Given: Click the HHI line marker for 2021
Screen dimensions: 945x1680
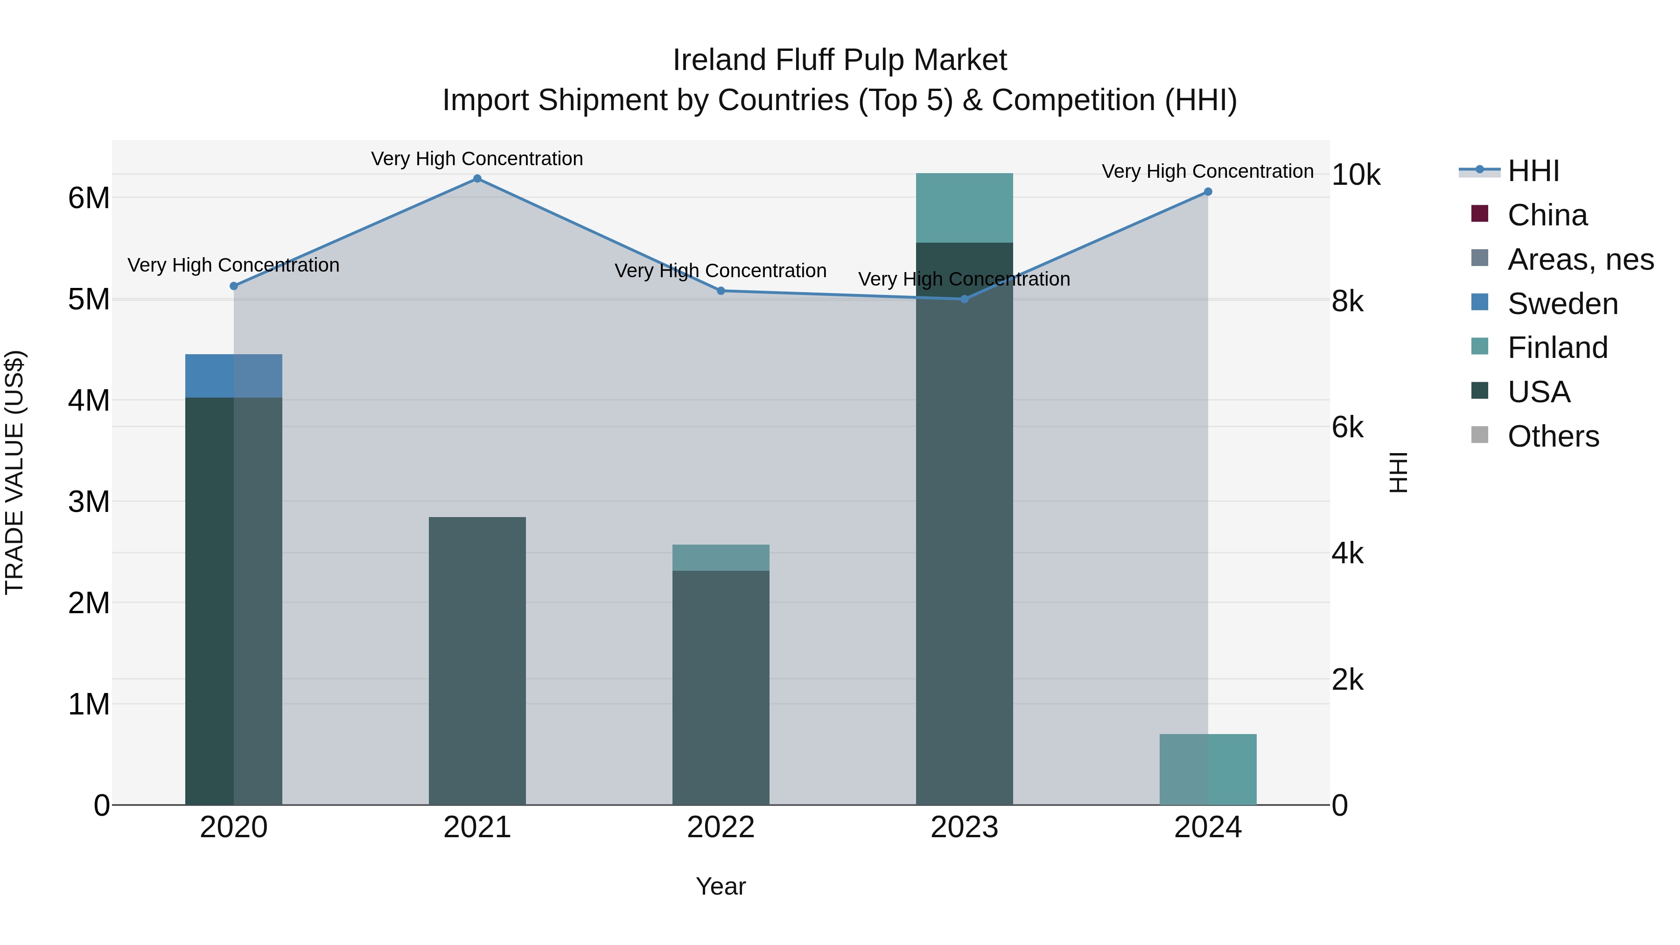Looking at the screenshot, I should tap(477, 179).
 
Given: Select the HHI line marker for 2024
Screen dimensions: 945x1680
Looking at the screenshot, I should tap(1208, 192).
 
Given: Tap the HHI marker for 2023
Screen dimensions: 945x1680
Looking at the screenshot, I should tap(965, 299).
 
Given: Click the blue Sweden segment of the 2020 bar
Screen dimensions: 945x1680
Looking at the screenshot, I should tap(233, 376).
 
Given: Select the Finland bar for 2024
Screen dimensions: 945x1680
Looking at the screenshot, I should tap(1208, 770).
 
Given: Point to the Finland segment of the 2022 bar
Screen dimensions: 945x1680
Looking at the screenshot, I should tap(721, 558).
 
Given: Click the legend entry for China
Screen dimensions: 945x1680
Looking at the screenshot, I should tap(1547, 215).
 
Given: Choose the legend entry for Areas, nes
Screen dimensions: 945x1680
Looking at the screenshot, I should tap(1580, 259).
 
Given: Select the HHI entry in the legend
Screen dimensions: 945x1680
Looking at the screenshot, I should tap(1533, 171).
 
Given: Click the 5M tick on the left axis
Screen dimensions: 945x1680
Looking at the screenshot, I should tap(89, 299).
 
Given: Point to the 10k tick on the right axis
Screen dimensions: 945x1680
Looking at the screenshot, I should tap(1356, 175).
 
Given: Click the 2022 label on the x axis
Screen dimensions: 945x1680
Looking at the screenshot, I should tap(721, 827).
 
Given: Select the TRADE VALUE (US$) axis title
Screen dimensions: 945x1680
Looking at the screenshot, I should tap(15, 472).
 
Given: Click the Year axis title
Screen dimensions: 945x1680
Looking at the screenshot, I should tap(721, 886).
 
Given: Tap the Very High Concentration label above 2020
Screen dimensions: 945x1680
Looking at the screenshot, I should tap(233, 266).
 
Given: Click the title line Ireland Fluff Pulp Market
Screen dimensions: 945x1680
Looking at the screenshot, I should tap(840, 60).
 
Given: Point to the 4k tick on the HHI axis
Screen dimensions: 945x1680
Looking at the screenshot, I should tap(1347, 553).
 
